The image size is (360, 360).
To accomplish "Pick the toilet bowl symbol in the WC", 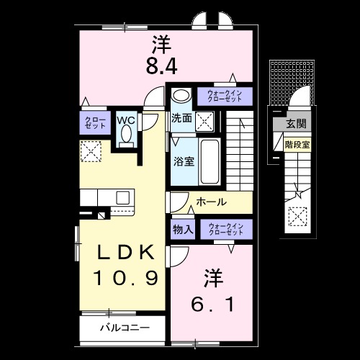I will click(x=127, y=134).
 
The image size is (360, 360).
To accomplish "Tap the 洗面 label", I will click(x=181, y=118).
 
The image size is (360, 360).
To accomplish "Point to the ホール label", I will click(x=211, y=202).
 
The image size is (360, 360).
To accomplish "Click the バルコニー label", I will click(x=125, y=328).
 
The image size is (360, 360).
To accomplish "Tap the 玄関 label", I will click(x=295, y=125).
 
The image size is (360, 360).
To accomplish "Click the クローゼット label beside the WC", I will click(x=94, y=122).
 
